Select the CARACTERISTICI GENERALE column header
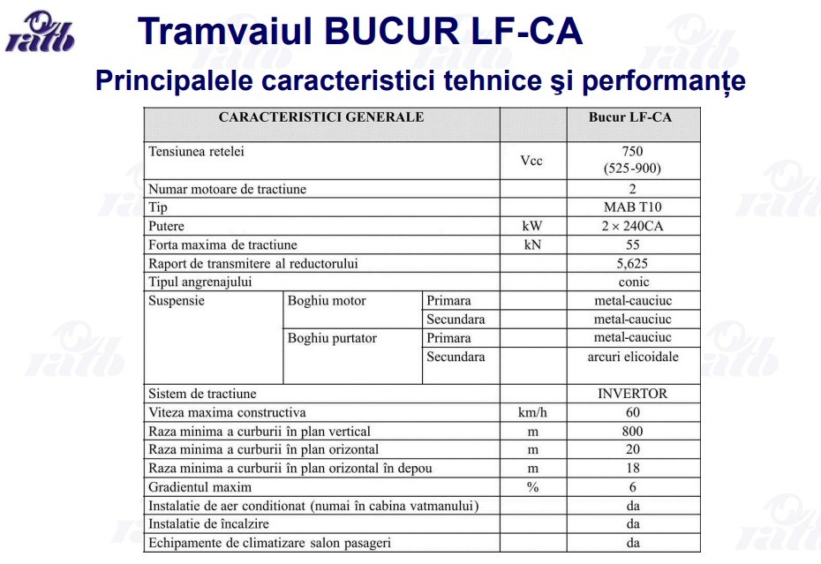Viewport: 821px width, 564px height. click(321, 117)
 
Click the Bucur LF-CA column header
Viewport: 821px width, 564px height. click(632, 117)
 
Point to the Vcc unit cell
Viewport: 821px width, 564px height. click(531, 161)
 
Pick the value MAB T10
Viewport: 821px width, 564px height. click(632, 207)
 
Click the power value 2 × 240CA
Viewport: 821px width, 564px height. click(632, 226)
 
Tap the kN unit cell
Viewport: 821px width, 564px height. click(531, 244)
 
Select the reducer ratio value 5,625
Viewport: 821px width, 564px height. click(632, 263)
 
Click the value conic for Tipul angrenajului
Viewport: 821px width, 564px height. click(632, 282)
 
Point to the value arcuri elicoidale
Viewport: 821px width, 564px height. click(632, 357)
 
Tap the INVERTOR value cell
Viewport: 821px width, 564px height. click(632, 394)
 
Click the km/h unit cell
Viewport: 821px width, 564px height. click(531, 412)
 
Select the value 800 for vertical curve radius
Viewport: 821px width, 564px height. click(632, 432)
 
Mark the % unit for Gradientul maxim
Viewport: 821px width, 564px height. click(531, 487)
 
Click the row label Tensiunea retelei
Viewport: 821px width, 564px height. click(196, 152)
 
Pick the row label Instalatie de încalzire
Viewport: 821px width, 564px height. click(207, 524)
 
